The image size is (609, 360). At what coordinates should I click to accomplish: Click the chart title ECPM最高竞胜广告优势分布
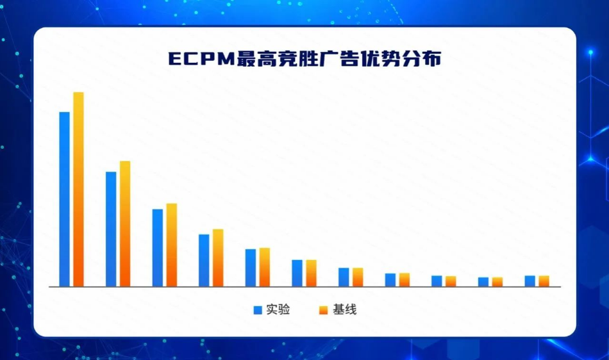pyautogui.click(x=305, y=59)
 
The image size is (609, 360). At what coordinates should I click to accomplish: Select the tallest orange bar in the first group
pyautogui.click(x=78, y=190)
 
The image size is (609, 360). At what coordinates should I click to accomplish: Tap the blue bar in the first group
pyautogui.click(x=65, y=199)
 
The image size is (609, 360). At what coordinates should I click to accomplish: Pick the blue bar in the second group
pyautogui.click(x=111, y=229)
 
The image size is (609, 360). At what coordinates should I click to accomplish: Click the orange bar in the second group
pyautogui.click(x=125, y=224)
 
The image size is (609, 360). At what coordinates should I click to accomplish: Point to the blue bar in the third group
pyautogui.click(x=158, y=248)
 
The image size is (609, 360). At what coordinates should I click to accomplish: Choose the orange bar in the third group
pyautogui.click(x=172, y=245)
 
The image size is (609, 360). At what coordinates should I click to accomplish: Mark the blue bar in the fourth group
pyautogui.click(x=204, y=261)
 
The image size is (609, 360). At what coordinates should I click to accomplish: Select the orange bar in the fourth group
pyautogui.click(x=218, y=258)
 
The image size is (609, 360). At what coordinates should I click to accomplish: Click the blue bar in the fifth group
pyautogui.click(x=251, y=268)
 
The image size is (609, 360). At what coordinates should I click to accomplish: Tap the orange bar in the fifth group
pyautogui.click(x=265, y=267)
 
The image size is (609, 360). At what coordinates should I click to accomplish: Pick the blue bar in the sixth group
pyautogui.click(x=297, y=273)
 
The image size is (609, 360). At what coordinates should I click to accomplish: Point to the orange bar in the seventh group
pyautogui.click(x=358, y=277)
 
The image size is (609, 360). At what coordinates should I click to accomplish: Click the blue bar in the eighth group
pyautogui.click(x=390, y=280)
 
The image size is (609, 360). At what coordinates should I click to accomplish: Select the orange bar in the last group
pyautogui.click(x=544, y=281)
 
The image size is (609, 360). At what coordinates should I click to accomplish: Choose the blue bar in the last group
pyautogui.click(x=530, y=281)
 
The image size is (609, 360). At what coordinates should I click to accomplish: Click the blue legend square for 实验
pyautogui.click(x=258, y=310)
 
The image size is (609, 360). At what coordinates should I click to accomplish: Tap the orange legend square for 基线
pyautogui.click(x=324, y=310)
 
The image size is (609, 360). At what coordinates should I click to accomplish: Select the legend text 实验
pyautogui.click(x=278, y=309)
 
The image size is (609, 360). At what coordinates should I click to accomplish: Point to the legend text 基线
pyautogui.click(x=344, y=309)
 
